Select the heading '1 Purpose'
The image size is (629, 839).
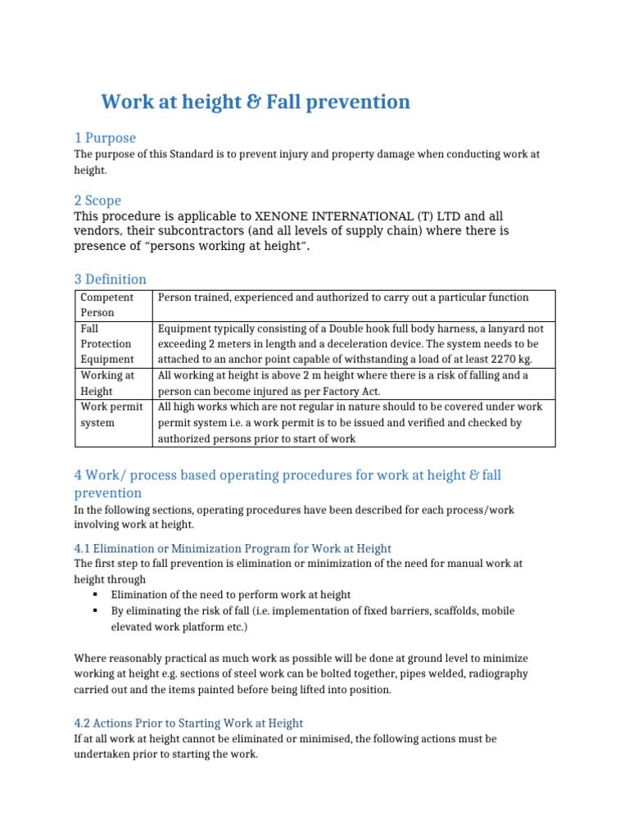pyautogui.click(x=105, y=138)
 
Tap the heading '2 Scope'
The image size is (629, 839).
pyautogui.click(x=97, y=201)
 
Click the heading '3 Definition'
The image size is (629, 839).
pyautogui.click(x=111, y=279)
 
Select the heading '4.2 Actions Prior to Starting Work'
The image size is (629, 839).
pyautogui.click(x=188, y=723)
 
